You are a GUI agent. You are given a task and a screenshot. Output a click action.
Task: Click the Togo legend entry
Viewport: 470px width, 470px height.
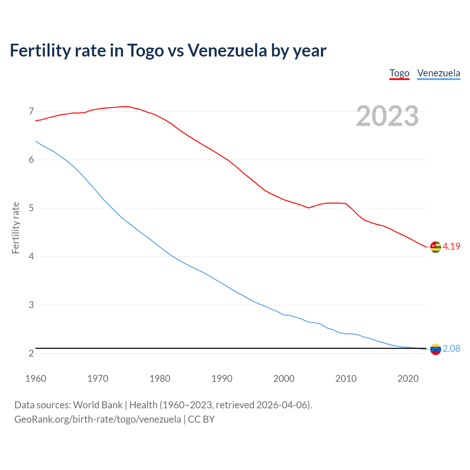pyautogui.click(x=399, y=73)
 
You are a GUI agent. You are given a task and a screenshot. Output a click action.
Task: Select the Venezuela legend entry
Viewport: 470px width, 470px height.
pyautogui.click(x=438, y=73)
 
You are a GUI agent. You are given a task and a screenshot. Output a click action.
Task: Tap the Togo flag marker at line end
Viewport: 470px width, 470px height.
pyautogui.click(x=435, y=247)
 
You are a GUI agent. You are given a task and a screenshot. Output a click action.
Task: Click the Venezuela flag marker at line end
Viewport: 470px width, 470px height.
pyautogui.click(x=435, y=349)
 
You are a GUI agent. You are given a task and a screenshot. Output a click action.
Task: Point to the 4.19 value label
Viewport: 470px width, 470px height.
pyautogui.click(x=451, y=247)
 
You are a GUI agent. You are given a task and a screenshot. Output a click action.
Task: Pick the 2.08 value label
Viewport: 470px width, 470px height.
pyautogui.click(x=451, y=349)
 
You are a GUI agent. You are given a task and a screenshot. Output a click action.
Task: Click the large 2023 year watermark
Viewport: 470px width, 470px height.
pyautogui.click(x=387, y=116)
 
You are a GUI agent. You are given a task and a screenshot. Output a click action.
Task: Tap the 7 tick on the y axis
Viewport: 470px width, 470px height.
pyautogui.click(x=31, y=111)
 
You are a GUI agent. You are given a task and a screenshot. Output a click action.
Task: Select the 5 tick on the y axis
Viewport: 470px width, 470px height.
pyautogui.click(x=31, y=208)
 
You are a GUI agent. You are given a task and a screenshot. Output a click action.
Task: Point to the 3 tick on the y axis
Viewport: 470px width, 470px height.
pyautogui.click(x=31, y=305)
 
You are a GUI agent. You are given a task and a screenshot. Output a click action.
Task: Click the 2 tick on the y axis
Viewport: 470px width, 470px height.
pyautogui.click(x=31, y=353)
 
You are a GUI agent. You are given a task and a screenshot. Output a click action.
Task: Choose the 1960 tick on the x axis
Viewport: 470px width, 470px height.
pyautogui.click(x=36, y=379)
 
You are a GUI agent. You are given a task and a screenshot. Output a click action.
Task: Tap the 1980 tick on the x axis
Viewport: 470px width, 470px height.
pyautogui.click(x=160, y=379)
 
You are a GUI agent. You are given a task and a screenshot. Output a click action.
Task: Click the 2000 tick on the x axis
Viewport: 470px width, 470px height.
pyautogui.click(x=284, y=379)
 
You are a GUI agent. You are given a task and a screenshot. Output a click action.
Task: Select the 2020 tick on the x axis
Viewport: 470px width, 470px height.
pyautogui.click(x=408, y=379)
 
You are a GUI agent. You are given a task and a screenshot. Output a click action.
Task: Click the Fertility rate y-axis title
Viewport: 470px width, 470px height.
pyautogui.click(x=15, y=228)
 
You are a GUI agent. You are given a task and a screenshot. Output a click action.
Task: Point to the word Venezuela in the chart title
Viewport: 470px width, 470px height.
pyautogui.click(x=227, y=51)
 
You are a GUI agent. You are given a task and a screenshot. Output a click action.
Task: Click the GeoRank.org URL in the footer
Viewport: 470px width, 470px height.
pyautogui.click(x=97, y=419)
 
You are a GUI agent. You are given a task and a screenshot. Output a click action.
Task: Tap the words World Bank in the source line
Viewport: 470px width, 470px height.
pyautogui.click(x=98, y=405)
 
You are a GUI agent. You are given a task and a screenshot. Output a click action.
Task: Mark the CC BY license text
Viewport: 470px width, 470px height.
pyautogui.click(x=201, y=419)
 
